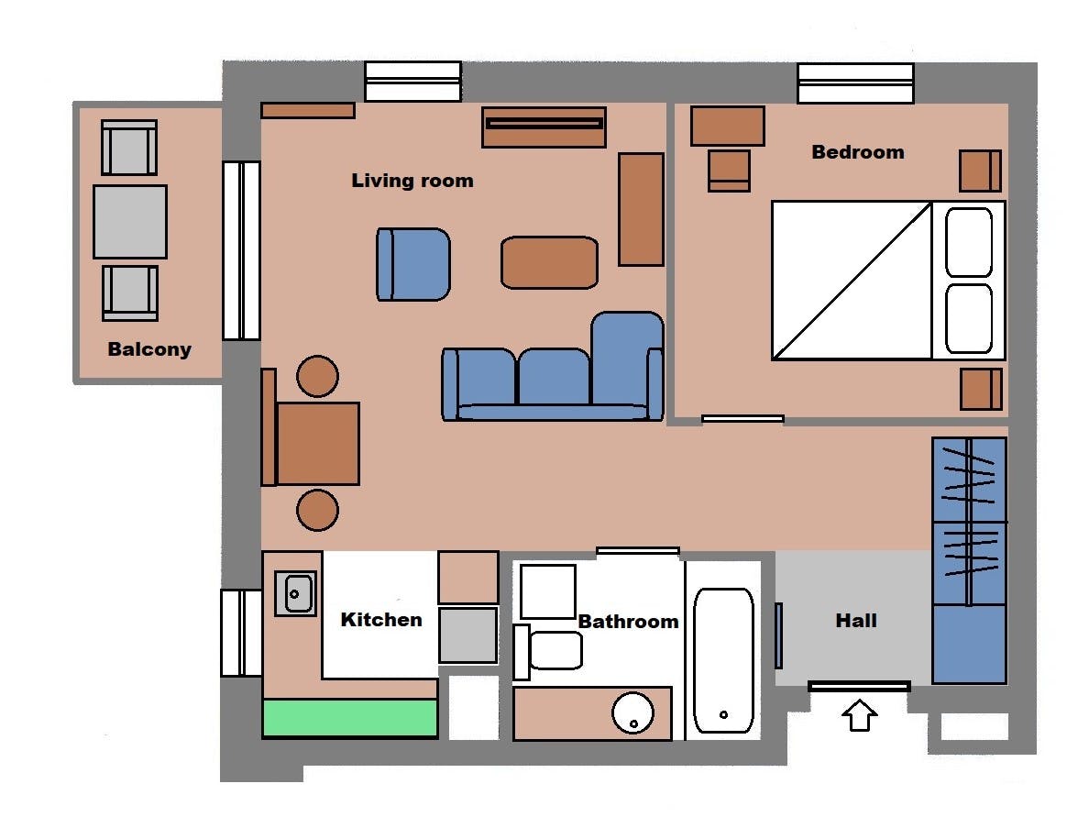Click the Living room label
point(412,181)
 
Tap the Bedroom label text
point(858,152)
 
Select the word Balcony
point(149,348)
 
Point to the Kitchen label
point(381,619)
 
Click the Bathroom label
point(629,621)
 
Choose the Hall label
point(855,620)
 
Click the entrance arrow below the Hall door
point(859,715)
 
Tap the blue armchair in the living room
point(413,265)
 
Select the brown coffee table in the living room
point(549,262)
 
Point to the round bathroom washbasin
point(632,712)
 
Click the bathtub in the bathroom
point(723,661)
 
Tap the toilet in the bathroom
point(548,651)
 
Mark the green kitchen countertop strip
point(350,718)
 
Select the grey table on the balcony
point(130,222)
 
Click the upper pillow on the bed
point(969,242)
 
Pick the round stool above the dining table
point(317,377)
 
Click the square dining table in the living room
point(318,443)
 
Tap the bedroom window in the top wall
point(855,83)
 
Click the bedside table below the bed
point(982,389)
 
